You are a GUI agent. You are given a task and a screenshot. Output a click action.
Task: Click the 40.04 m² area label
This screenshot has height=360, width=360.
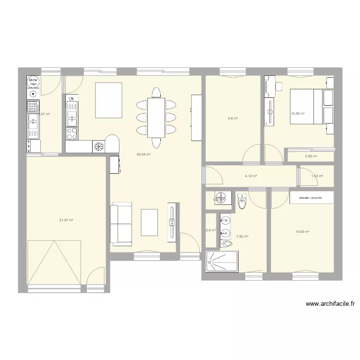(x=144, y=155)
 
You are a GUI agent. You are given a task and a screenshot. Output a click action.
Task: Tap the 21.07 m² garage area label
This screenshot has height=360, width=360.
(x=66, y=220)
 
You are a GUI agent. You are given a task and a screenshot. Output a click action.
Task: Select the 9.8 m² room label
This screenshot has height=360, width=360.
(x=233, y=119)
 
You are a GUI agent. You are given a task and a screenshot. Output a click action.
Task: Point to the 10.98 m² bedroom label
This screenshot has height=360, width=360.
(x=298, y=114)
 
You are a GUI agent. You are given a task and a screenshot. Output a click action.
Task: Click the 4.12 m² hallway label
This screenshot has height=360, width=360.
(x=251, y=176)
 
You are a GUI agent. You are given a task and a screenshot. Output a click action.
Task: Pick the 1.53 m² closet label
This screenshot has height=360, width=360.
(x=317, y=176)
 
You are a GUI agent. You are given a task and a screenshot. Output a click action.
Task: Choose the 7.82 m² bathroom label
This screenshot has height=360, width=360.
(x=242, y=236)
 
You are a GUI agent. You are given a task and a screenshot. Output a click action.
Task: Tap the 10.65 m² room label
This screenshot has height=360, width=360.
(x=302, y=231)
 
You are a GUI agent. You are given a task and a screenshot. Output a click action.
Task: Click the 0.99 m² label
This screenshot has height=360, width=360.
(x=311, y=156)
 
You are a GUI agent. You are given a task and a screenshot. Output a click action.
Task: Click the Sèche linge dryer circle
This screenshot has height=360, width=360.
(x=33, y=82)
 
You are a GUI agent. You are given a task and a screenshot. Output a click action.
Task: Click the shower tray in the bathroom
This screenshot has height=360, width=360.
(x=221, y=262)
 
